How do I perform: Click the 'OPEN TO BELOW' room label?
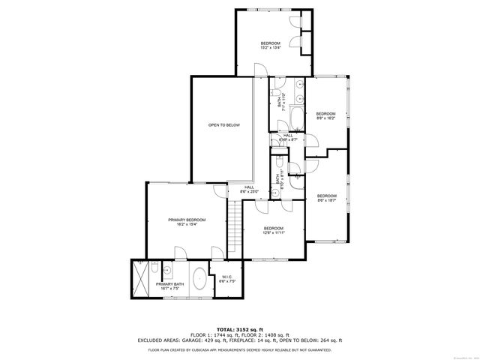click(223, 124)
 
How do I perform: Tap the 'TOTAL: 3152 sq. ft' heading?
click(240, 329)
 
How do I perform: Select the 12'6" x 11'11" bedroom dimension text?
click(273, 232)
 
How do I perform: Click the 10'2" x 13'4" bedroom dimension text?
click(271, 48)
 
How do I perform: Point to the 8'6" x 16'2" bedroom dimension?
click(325, 118)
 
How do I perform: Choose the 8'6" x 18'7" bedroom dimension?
click(325, 200)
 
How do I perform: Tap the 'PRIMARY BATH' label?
click(169, 284)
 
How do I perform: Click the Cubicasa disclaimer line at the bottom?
click(240, 349)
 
